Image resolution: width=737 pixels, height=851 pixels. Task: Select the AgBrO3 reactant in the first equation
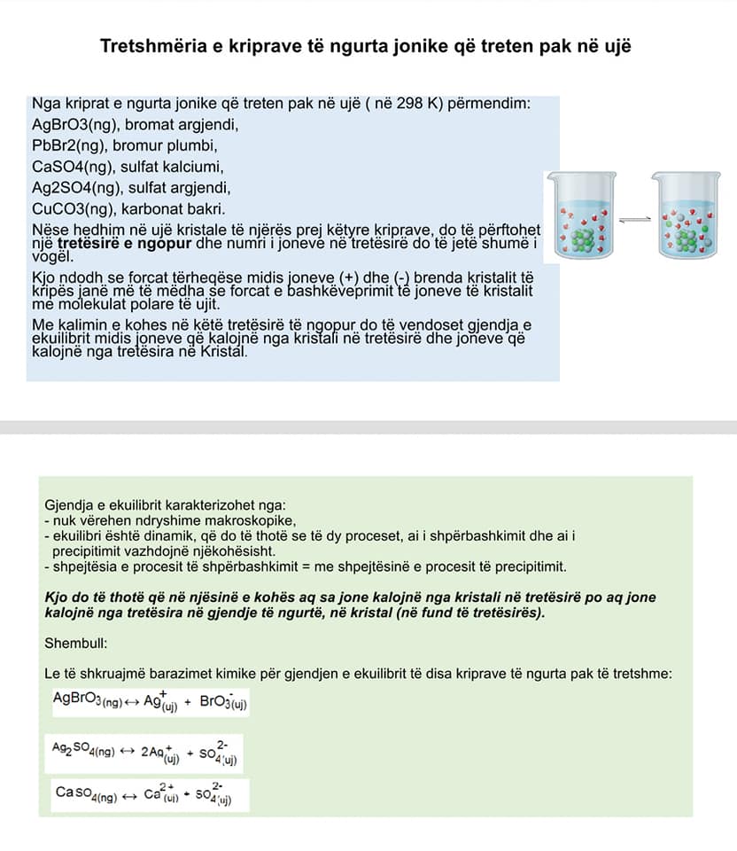tap(86, 701)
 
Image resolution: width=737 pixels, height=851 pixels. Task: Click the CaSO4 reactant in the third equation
tap(86, 794)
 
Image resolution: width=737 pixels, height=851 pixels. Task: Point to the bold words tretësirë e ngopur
tap(114, 244)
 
